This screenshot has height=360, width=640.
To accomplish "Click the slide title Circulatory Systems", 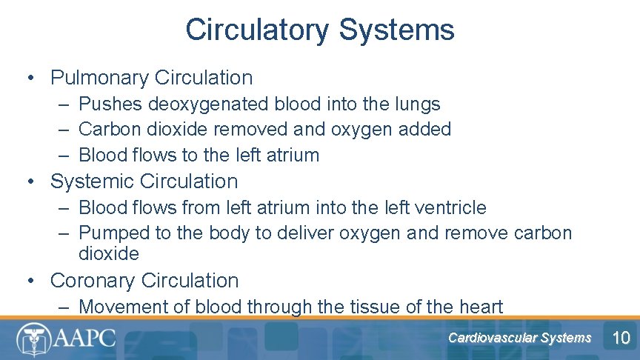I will click(x=320, y=30).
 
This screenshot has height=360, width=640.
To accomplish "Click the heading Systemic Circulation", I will click(x=144, y=181).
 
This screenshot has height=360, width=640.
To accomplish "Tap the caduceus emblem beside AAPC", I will click(x=32, y=339).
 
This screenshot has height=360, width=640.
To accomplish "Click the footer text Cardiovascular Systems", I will click(x=519, y=339).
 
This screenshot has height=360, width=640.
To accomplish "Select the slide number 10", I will click(x=621, y=339).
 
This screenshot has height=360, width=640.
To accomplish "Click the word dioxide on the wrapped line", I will click(x=108, y=254).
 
